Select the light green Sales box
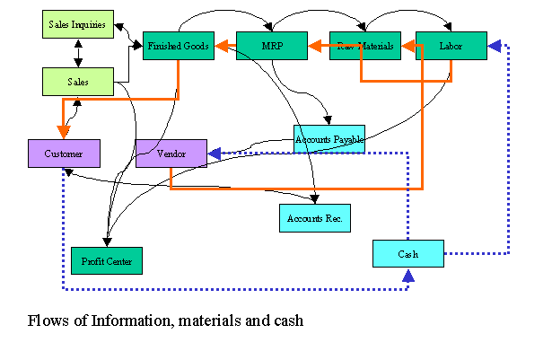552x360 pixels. (x=78, y=82)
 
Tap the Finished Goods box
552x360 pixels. (x=179, y=45)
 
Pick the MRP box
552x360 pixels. (x=271, y=45)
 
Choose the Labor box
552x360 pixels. (x=451, y=45)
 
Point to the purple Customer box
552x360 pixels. (x=64, y=154)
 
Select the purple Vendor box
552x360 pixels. (x=171, y=154)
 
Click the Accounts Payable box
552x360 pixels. (x=329, y=138)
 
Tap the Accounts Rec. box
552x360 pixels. (x=314, y=217)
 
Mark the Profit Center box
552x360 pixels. (x=106, y=260)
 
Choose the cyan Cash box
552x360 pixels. (x=408, y=253)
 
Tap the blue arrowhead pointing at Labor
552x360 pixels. (x=495, y=44)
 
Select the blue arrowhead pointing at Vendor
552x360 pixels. (x=215, y=154)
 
